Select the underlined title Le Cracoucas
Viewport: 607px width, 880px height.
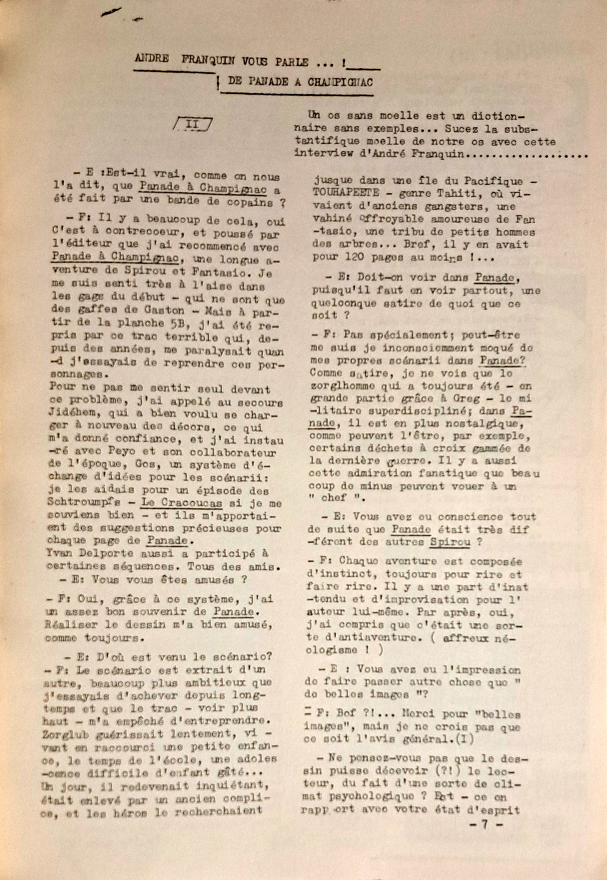pyautogui.click(x=181, y=503)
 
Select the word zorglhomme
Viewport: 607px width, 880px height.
pyautogui.click(x=342, y=386)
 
